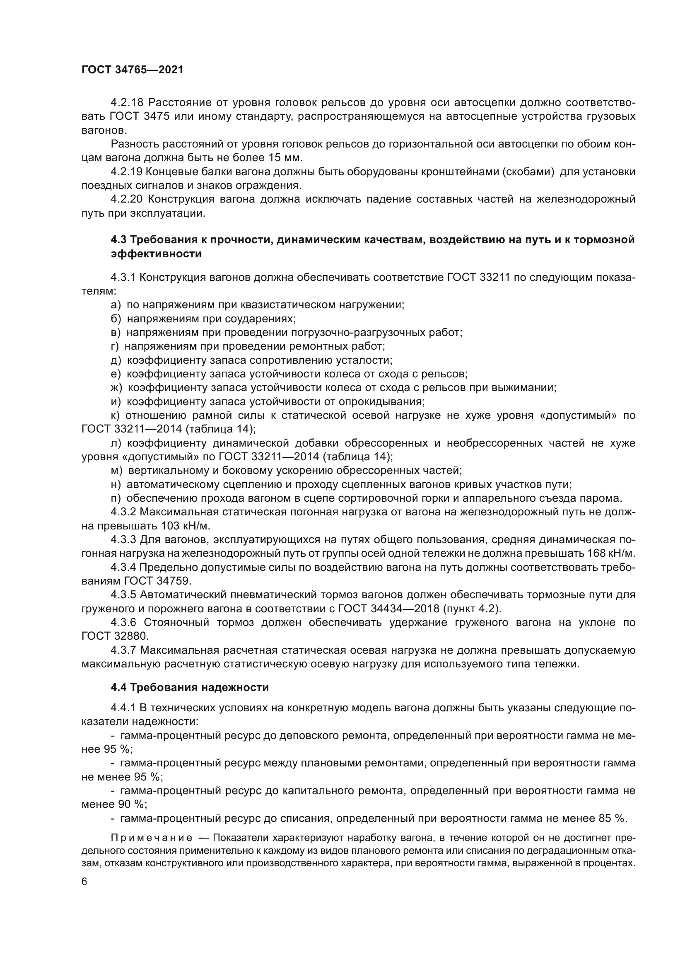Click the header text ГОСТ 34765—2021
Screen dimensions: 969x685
click(x=133, y=70)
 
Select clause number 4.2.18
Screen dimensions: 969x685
click(x=127, y=103)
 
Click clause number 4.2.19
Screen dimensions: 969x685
click(x=127, y=172)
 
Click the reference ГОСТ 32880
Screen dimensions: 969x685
click(x=115, y=636)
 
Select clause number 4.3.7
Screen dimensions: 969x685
click(x=125, y=650)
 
